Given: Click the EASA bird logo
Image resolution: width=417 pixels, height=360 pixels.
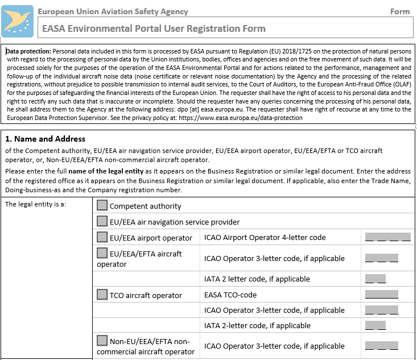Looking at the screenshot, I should point(18,21).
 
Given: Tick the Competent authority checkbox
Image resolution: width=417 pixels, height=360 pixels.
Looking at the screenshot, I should point(102,205).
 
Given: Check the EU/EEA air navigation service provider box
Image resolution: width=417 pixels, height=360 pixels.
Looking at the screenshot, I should point(102,221).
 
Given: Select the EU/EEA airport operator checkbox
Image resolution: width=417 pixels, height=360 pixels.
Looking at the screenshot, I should point(102,237).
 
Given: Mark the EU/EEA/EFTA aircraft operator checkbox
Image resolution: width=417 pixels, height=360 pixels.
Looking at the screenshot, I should point(102,253).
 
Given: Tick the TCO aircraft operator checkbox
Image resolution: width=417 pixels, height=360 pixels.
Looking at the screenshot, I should point(102,295).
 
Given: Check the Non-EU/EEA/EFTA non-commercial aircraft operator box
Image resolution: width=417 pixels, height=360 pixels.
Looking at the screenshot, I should point(102,341).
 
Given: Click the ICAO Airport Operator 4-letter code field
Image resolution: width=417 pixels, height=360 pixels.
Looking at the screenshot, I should point(387,237).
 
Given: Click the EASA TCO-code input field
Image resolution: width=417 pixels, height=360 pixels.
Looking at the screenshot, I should point(382,295).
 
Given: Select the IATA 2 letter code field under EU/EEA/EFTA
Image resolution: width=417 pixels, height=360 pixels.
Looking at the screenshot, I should point(375,279).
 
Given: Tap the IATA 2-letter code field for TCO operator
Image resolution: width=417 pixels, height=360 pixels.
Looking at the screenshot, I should point(375,326).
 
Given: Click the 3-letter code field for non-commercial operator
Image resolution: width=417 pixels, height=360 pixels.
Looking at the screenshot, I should point(382,345).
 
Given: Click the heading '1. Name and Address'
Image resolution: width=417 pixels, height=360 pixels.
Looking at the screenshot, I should point(45,139).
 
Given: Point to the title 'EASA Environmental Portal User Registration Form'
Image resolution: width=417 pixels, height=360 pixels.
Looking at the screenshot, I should point(154,28).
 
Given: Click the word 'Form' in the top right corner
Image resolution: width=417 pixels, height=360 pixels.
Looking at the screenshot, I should point(400,11).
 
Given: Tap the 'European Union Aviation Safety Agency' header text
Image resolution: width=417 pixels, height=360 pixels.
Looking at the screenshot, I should point(113,11).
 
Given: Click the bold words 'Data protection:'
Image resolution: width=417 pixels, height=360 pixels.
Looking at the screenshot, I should point(28,51).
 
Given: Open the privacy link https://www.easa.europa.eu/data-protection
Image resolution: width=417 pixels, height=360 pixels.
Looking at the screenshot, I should point(240,118).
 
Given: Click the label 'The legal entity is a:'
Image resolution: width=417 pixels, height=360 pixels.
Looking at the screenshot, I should point(36,205).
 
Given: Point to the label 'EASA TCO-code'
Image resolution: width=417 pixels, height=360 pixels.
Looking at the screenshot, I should point(230,295).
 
